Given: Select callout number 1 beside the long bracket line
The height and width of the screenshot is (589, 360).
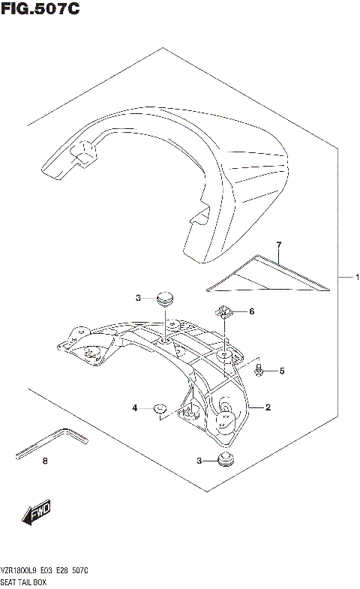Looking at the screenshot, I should [x=357, y=278].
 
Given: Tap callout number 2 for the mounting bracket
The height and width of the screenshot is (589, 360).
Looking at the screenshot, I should [x=268, y=408].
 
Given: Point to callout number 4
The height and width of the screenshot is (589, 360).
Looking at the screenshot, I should [x=135, y=408].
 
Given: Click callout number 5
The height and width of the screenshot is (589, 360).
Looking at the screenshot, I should [x=282, y=371].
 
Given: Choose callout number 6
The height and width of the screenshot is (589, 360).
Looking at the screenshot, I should [x=252, y=311].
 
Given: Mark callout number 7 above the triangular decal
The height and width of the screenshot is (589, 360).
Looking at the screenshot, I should [x=277, y=246].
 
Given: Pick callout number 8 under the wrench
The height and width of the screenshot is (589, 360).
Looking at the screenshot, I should [x=44, y=461].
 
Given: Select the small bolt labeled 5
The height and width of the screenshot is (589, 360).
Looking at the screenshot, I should [x=259, y=369].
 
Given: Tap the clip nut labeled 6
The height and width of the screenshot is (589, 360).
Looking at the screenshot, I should [x=224, y=310].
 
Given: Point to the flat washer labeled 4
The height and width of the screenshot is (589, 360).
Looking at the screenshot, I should [x=160, y=409].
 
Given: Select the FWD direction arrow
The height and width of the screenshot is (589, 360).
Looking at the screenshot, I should [x=36, y=512].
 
